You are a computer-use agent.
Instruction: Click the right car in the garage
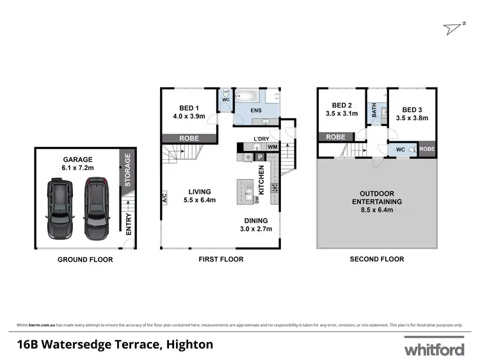point(97,207)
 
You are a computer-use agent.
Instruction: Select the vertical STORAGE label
point(128,169)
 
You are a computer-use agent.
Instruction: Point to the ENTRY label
point(129,224)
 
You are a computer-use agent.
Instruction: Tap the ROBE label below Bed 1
point(189,138)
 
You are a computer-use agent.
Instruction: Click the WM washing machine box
point(271,148)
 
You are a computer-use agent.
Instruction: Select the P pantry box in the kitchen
point(260,157)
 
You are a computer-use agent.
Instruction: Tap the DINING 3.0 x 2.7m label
point(255,224)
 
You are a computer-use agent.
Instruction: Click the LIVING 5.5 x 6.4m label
point(200,196)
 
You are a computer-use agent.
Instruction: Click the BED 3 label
point(411,113)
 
